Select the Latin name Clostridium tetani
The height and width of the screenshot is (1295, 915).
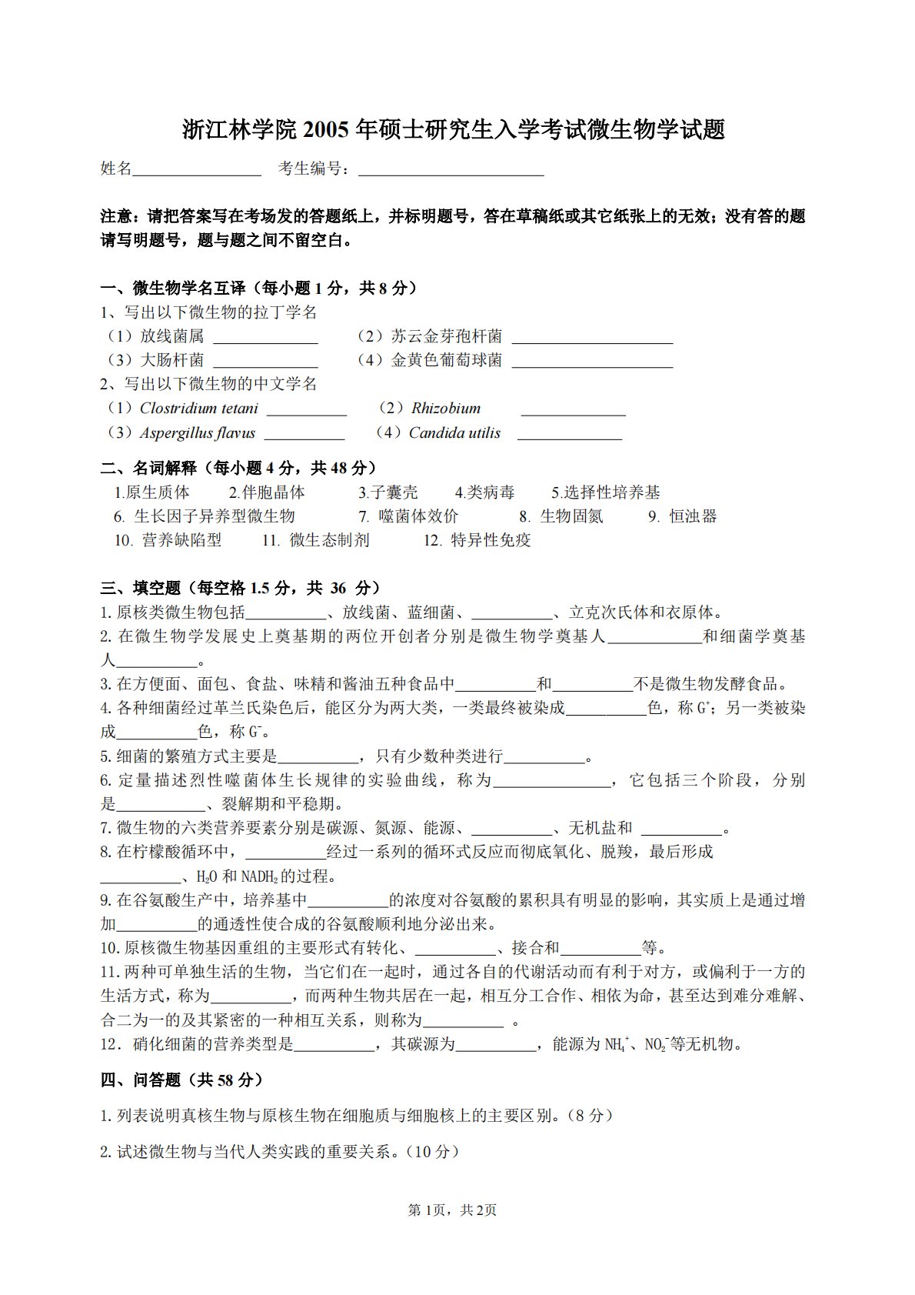[x=199, y=409]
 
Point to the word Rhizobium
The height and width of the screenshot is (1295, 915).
[x=446, y=409]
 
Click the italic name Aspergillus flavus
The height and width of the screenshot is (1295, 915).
[x=198, y=433]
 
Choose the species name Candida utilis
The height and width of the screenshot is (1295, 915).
[x=454, y=433]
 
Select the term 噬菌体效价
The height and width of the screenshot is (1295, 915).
[x=419, y=516]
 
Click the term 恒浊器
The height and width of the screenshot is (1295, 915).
[x=693, y=516]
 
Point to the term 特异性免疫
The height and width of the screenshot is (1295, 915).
[x=491, y=540]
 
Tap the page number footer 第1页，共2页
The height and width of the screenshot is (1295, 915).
[x=452, y=1210]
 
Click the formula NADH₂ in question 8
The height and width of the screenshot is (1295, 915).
[x=259, y=876]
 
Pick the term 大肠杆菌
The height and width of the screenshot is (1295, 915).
[x=171, y=360]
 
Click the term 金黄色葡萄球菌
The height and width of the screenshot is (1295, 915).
[x=446, y=360]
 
